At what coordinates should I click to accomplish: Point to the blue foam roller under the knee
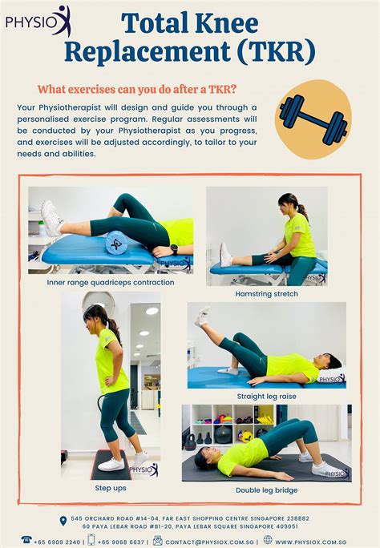coord(117,242)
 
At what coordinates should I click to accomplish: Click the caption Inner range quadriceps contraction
coord(109,282)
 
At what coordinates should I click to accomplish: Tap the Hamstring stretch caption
coord(267,294)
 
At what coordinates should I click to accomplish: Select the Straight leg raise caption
coord(267,397)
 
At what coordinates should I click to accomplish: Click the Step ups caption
coord(110,487)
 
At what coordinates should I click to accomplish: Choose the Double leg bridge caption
coord(266,490)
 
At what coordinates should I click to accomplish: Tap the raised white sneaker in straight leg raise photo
coord(202,315)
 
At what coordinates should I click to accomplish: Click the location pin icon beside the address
coord(63,522)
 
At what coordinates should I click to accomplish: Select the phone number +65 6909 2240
coord(59,542)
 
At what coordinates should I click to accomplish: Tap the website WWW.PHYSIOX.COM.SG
coord(317,542)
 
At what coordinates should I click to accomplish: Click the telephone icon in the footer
coord(26,541)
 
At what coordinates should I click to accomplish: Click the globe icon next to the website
coord(268,541)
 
